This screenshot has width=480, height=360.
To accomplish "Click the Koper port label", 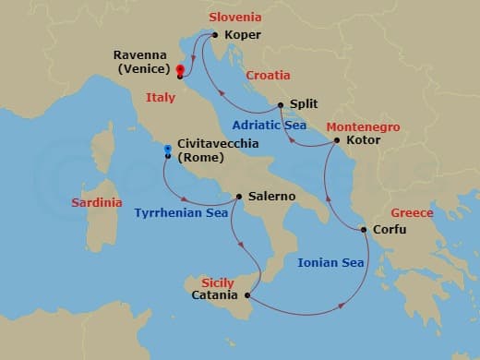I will click(243, 36).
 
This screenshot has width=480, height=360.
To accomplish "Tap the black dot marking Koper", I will click(215, 35).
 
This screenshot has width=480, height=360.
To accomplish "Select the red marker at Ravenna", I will click(179, 69).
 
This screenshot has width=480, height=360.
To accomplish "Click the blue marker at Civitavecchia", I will click(167, 149).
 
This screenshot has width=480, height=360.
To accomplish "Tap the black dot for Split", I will click(280, 105).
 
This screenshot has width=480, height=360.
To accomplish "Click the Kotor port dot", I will click(337, 141).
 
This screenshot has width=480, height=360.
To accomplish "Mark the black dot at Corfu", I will click(365, 230).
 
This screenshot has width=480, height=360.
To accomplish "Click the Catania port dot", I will click(247, 295).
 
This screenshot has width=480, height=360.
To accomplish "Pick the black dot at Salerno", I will click(239, 197).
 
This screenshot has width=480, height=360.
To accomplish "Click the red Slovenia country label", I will click(235, 17).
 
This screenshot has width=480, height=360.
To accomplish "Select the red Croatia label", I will click(268, 75).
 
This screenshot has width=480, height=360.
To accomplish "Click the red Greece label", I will click(412, 212).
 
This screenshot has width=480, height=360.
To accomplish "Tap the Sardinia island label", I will click(98, 202).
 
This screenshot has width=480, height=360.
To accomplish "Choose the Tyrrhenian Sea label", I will click(181, 213).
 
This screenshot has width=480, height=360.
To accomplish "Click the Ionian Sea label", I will click(330, 262).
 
